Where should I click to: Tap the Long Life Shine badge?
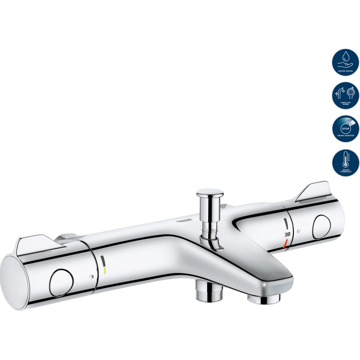point(345,96)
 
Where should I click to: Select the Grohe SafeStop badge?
point(345,129)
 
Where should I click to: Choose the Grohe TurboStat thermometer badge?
point(345,163)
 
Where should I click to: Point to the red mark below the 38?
point(286,242)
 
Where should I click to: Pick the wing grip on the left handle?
point(39,245)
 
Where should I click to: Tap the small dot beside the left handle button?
point(91,277)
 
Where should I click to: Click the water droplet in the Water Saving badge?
point(345,57)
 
